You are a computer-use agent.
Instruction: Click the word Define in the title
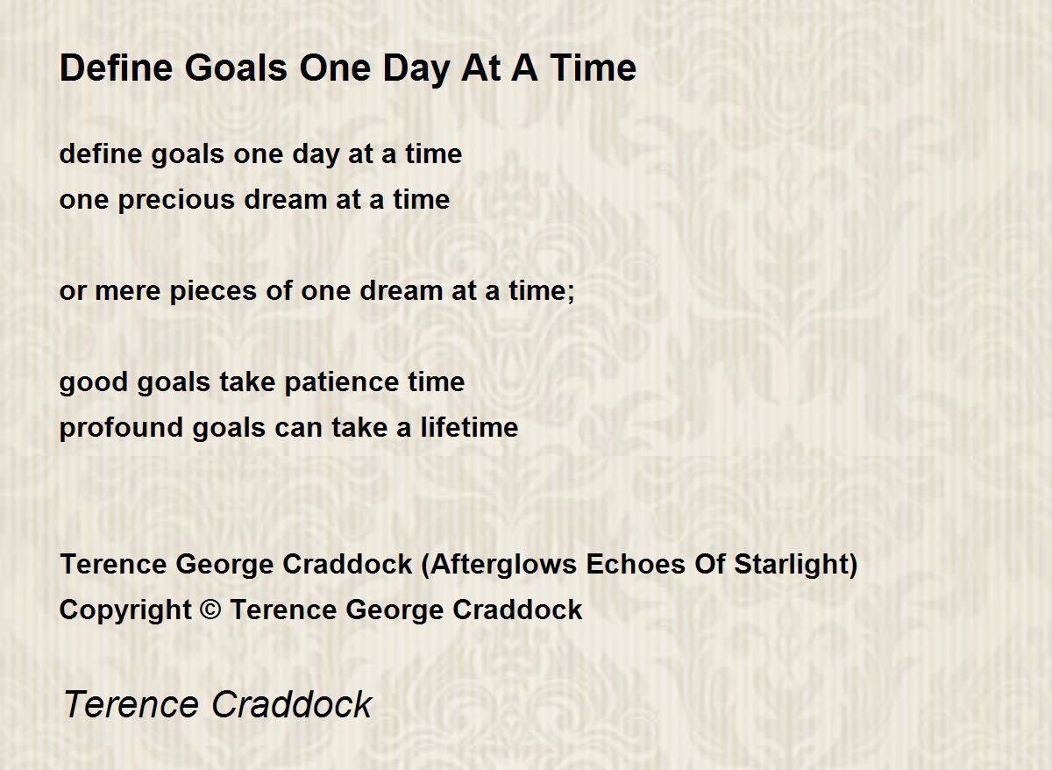116,68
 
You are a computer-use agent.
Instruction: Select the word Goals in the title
236,68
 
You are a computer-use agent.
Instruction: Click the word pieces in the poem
213,292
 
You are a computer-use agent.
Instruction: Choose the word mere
128,292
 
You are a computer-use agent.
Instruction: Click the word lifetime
469,427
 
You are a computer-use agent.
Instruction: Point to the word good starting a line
94,383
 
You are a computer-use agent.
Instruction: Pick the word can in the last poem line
298,430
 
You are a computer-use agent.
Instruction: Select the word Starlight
791,565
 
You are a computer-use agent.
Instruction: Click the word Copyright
125,610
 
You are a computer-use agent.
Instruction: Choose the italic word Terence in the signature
131,704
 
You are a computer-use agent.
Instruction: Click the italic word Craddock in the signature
292,704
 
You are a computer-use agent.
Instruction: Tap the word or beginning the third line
73,292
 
